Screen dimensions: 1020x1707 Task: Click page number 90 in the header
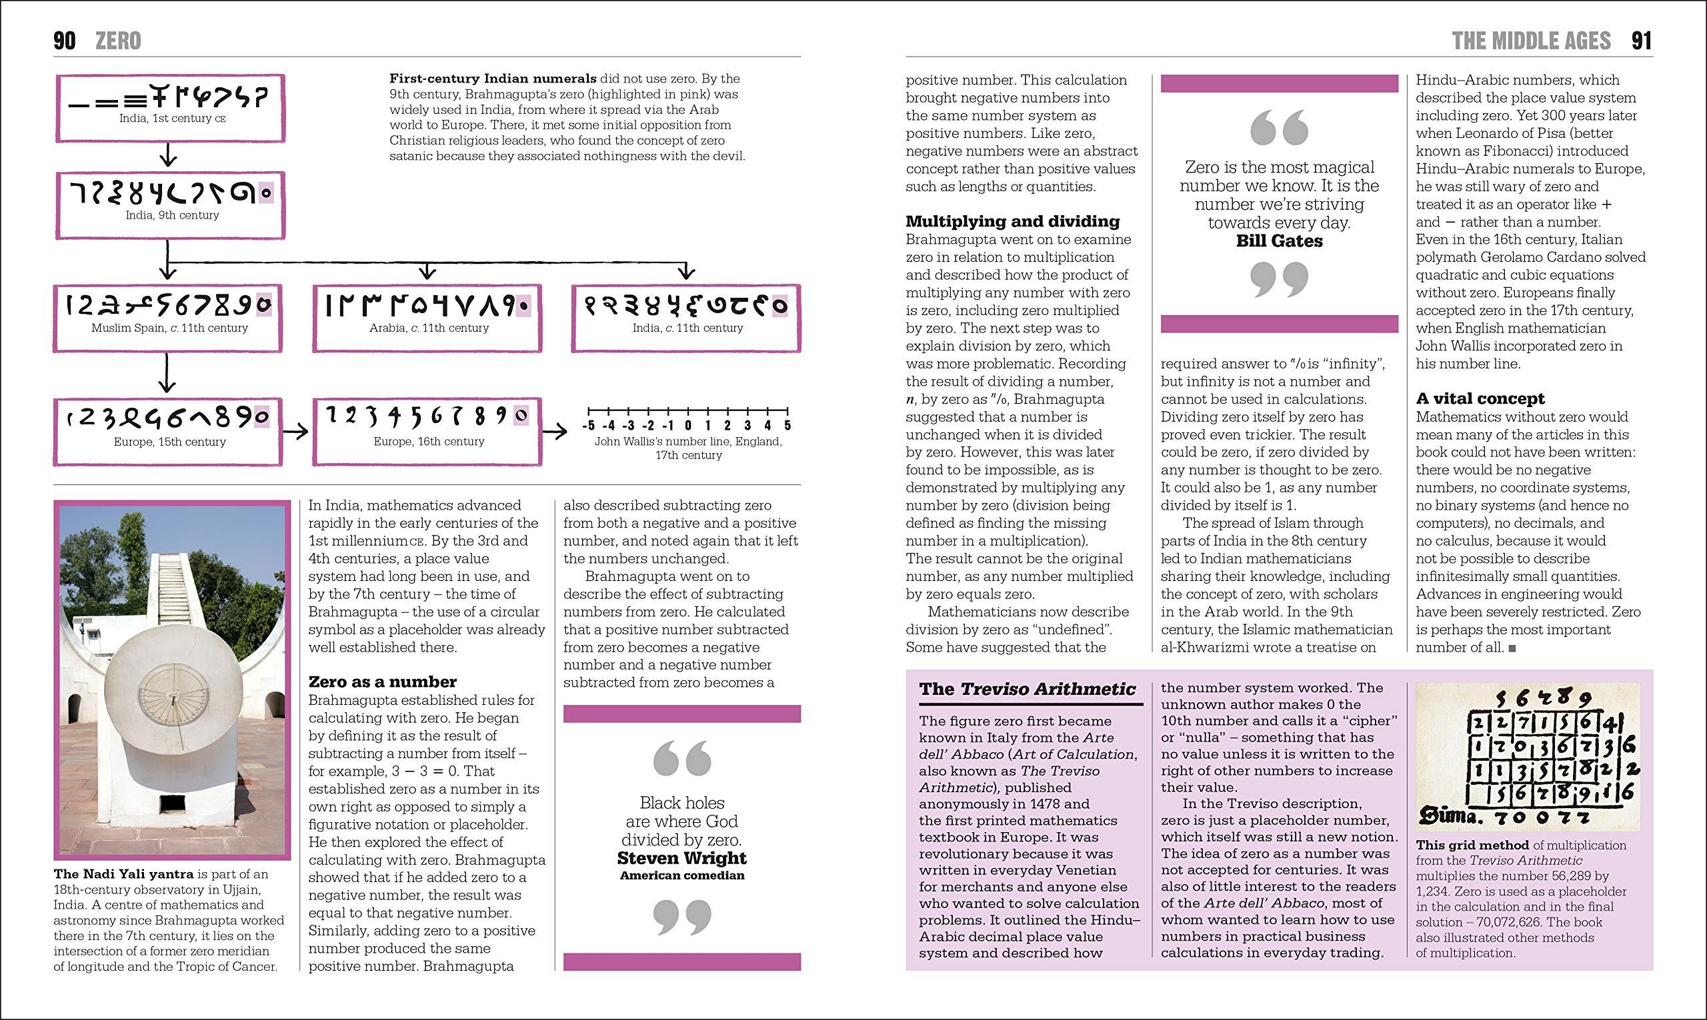[64, 41]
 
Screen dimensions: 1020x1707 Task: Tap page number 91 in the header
[1642, 41]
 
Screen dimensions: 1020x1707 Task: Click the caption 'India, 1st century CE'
[173, 118]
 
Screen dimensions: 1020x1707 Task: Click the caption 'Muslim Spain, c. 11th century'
[170, 328]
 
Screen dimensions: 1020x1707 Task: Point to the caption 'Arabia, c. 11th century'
[429, 328]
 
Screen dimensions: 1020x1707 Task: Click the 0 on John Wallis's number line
[688, 426]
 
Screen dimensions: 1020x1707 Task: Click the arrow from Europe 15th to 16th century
[297, 432]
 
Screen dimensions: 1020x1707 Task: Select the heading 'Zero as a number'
[382, 682]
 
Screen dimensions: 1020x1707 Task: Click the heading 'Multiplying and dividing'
[1012, 221]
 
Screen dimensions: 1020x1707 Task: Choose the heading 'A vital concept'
[1480, 398]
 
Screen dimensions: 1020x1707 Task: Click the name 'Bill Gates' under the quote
[1279, 241]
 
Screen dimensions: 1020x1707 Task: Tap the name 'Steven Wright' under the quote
[681, 858]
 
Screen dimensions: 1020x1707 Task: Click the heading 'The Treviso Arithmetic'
[1028, 690]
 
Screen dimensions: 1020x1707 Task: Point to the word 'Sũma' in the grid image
[1445, 817]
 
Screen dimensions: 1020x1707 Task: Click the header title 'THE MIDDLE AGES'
[1531, 41]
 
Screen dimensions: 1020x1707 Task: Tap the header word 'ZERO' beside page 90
[117, 41]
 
